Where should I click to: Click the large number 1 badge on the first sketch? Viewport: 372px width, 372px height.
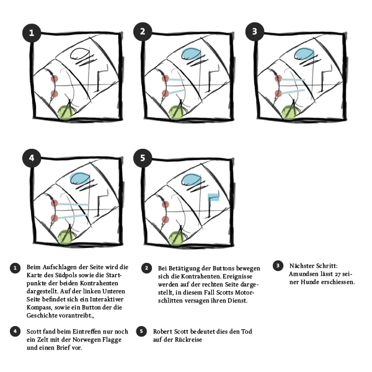(32, 32)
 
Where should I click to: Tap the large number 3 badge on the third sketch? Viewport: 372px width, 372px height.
(254, 32)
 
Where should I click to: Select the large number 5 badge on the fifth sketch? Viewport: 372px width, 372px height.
(143, 159)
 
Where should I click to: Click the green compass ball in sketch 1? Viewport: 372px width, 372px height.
(66, 112)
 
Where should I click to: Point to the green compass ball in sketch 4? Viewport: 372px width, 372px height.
(66, 236)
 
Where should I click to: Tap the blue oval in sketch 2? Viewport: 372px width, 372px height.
(191, 54)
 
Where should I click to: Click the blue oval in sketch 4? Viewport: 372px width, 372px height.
(79, 179)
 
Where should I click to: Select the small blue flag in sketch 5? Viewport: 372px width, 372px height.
(214, 198)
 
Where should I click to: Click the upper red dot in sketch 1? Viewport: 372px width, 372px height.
(54, 79)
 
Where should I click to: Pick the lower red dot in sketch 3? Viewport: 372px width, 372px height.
(277, 94)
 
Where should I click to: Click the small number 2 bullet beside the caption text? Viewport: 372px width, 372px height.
(146, 268)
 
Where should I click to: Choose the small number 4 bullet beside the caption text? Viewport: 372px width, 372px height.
(15, 331)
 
